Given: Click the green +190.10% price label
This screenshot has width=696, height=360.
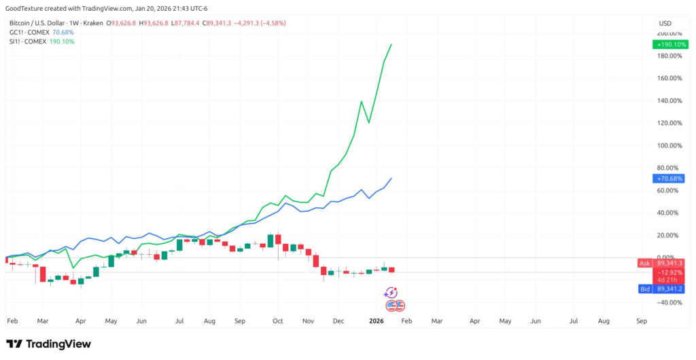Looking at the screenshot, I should pyautogui.click(x=667, y=44).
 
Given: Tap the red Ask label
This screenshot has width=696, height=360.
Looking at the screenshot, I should pyautogui.click(x=644, y=263).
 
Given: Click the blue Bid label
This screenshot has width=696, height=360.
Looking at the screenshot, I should pyautogui.click(x=644, y=289).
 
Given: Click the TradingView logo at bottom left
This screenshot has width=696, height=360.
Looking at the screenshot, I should pyautogui.click(x=48, y=344).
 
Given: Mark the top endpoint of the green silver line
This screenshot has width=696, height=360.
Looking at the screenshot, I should pyautogui.click(x=391, y=44).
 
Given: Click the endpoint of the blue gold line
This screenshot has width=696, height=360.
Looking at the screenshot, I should pyautogui.click(x=391, y=178).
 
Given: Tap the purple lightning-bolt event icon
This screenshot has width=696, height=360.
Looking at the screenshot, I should pyautogui.click(x=391, y=293).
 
